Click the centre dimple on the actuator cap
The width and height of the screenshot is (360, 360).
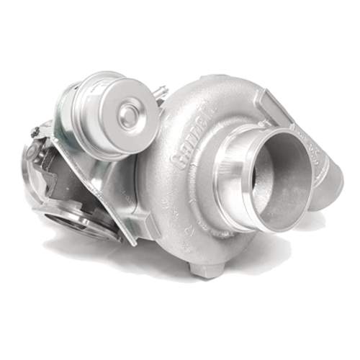[x=130, y=112]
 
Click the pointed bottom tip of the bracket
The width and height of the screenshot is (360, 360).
[x=132, y=242]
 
